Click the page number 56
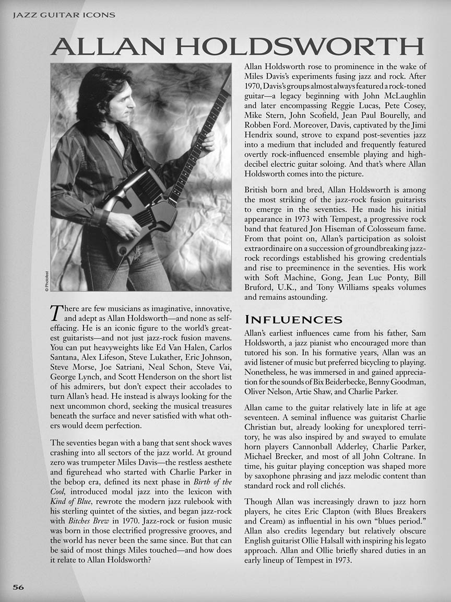pyautogui.click(x=18, y=587)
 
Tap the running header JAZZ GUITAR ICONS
pyautogui.click(x=63, y=15)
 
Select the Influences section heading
pyautogui.click(x=293, y=319)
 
